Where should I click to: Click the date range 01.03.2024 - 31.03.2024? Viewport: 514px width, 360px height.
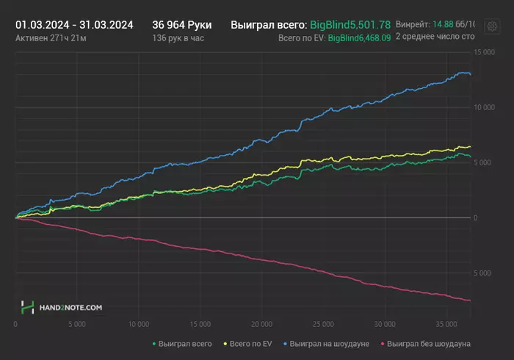pyautogui.click(x=74, y=24)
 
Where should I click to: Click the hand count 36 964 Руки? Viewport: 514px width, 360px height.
pyautogui.click(x=181, y=24)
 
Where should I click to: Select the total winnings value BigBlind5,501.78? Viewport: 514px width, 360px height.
pyautogui.click(x=350, y=24)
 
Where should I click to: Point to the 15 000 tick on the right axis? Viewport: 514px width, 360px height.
pyautogui.click(x=484, y=52)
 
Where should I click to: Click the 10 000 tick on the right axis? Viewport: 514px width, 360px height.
pyautogui.click(x=484, y=107)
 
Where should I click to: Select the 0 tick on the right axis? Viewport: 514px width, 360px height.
pyautogui.click(x=478, y=217)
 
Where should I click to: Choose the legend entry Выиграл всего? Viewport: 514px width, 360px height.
pyautogui.click(x=182, y=343)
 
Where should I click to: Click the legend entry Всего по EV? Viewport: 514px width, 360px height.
pyautogui.click(x=252, y=343)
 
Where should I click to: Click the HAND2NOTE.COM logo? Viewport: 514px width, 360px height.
pyautogui.click(x=62, y=308)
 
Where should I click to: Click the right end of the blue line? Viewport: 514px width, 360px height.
pyautogui.click(x=470, y=74)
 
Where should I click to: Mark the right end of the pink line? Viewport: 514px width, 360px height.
pyautogui.click(x=470, y=300)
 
